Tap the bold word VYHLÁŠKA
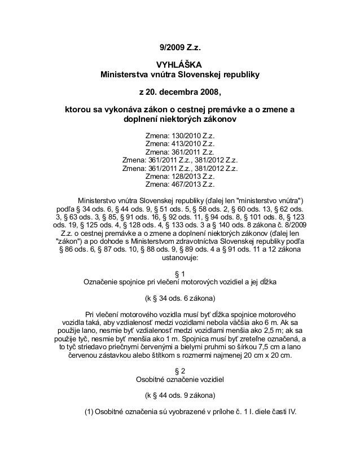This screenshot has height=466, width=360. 179,64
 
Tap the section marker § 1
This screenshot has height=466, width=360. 179,272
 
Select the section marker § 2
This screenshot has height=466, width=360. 179,370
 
